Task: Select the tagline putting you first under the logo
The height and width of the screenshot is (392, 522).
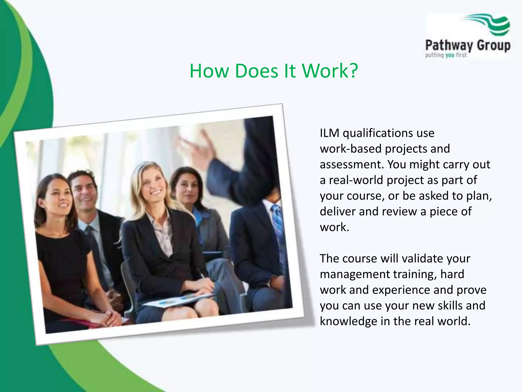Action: (446, 55)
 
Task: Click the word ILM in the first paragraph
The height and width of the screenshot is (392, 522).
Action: (329, 133)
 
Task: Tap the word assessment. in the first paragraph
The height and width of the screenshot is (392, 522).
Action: (352, 165)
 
